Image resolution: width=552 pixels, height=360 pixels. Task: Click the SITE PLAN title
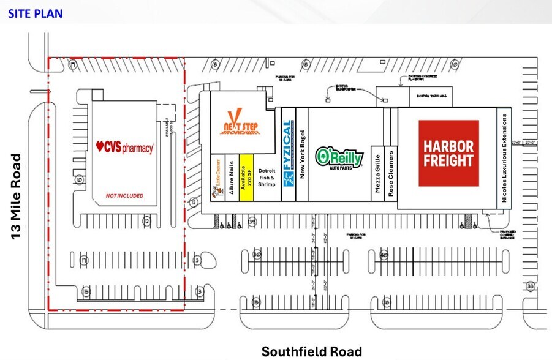coord(36,13)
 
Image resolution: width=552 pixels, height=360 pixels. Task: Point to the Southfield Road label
coord(311,351)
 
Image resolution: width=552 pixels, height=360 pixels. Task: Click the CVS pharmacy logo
coord(125,148)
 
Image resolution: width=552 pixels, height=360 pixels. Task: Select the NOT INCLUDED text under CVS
coord(124,196)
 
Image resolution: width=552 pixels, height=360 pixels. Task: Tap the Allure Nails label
coord(232,178)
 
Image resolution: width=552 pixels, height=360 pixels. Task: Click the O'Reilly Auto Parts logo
coord(339,157)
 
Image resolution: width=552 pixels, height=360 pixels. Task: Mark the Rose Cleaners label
coord(391,172)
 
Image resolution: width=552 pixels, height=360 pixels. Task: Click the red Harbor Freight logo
coord(449,153)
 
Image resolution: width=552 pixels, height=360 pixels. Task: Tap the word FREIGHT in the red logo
coord(449,161)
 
